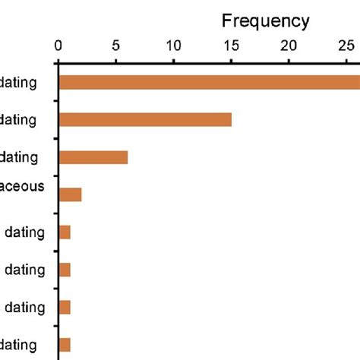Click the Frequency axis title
tap(265, 21)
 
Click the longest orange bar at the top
tap(209, 82)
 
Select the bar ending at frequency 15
tap(145, 119)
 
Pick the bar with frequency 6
tap(93, 157)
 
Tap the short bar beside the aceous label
tap(70, 194)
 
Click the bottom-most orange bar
tap(65, 344)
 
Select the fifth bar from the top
tap(65, 232)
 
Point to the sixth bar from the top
tap(65, 270)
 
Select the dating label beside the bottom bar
tap(19, 344)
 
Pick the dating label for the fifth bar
tap(24, 232)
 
